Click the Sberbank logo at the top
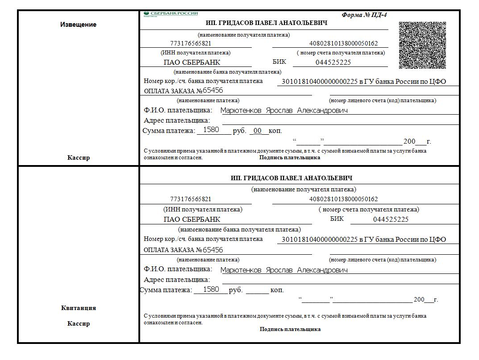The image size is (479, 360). [x=171, y=14]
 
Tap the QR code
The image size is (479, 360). [x=422, y=45]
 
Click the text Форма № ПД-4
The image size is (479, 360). [x=364, y=15]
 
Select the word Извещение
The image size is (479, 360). [x=78, y=25]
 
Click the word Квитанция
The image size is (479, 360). [x=78, y=308]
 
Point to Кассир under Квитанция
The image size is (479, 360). [x=78, y=323]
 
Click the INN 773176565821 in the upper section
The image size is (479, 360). [x=191, y=44]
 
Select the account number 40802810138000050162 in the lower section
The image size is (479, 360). [x=343, y=199]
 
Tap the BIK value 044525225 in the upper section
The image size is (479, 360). [x=333, y=62]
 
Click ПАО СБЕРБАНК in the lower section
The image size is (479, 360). [x=192, y=219]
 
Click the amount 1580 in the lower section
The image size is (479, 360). [x=211, y=290]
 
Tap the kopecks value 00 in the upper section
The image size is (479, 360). [x=257, y=131]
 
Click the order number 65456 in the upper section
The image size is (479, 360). [x=213, y=91]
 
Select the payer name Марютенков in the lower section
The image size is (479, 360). [x=241, y=270]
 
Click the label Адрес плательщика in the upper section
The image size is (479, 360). [x=177, y=120]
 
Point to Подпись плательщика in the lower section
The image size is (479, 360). [x=290, y=329]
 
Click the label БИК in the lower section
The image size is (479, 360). [x=337, y=219]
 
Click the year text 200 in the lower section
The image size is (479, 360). [x=419, y=300]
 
